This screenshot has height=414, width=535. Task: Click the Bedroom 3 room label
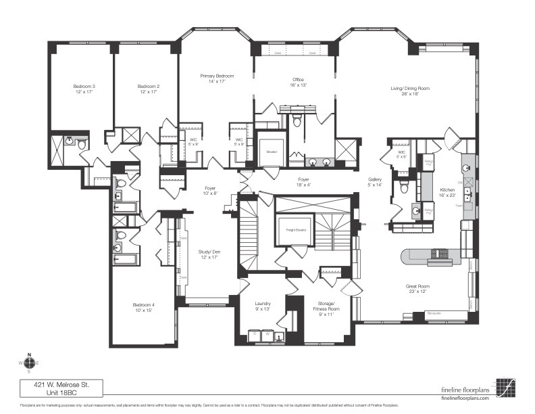pyautogui.click(x=84, y=89)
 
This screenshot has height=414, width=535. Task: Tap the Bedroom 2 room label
pyautogui.click(x=149, y=89)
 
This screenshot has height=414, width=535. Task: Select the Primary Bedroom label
pyautogui.click(x=217, y=78)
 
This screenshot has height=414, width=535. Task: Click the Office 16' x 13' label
pyautogui.click(x=299, y=83)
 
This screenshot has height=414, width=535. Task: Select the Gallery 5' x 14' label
pyautogui.click(x=374, y=182)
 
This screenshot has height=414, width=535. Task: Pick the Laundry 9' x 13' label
pyautogui.click(x=263, y=307)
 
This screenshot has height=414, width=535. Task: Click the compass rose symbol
pyautogui.click(x=28, y=363)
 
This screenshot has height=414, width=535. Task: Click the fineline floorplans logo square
pyautogui.click(x=505, y=387)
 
